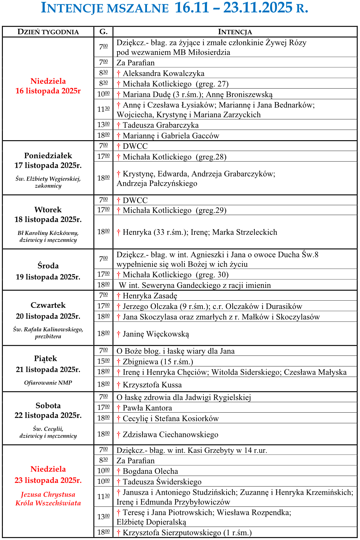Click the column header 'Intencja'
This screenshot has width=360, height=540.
(x=235, y=32)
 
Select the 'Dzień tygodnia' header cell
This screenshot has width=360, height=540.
(x=48, y=32)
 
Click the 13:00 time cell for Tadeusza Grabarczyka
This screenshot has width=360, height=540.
(x=103, y=124)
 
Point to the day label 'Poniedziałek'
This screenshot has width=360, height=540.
(x=48, y=156)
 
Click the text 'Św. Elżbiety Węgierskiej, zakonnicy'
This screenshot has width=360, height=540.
(x=48, y=182)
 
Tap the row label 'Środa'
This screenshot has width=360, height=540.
(x=48, y=266)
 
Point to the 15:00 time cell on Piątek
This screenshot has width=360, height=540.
(x=103, y=361)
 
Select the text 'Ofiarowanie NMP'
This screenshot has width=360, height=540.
(x=48, y=382)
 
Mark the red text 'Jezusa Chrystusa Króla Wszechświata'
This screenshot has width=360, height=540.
(x=48, y=499)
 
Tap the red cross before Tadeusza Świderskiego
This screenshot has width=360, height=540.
(x=119, y=482)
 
